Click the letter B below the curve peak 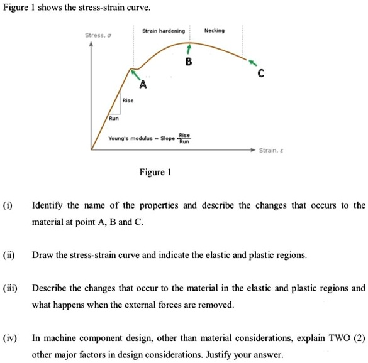[x=189, y=62]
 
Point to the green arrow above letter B [x=188, y=49]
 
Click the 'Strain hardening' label [x=164, y=31]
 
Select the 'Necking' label [x=215, y=30]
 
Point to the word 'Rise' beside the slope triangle [x=128, y=100]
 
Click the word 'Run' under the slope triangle [x=113, y=117]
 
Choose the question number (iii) [x=9, y=288]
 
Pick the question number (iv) [x=9, y=338]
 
